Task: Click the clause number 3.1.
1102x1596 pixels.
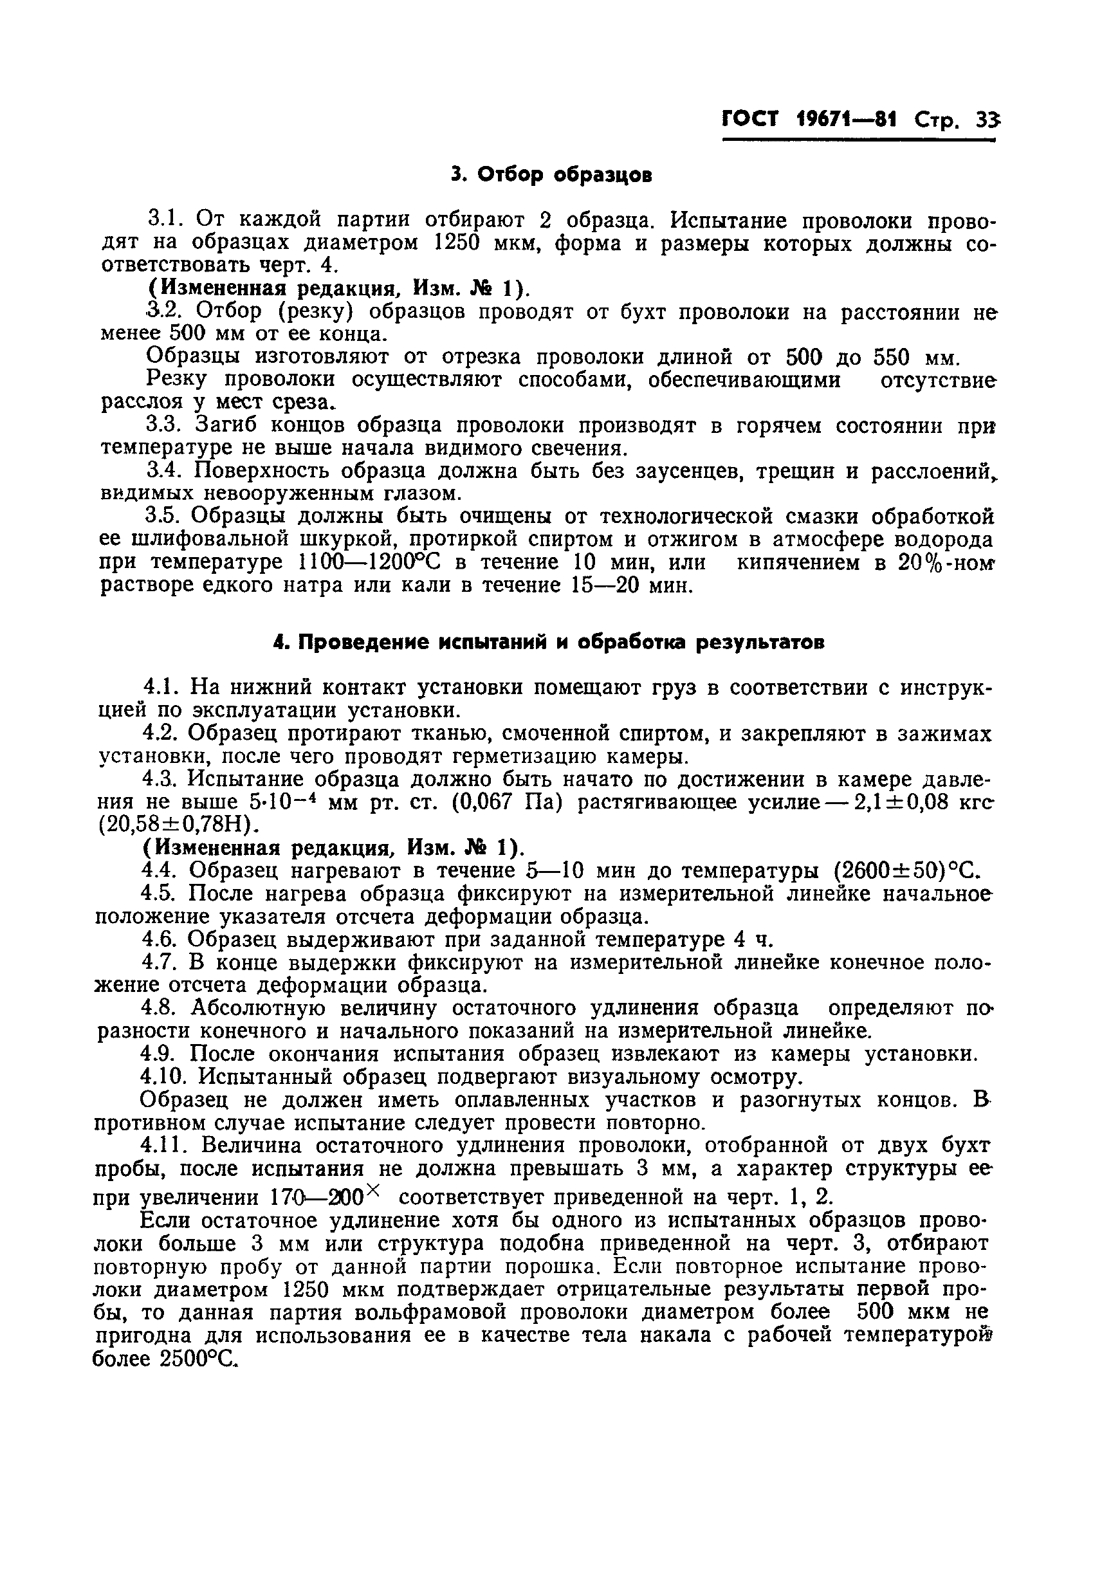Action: click(x=165, y=220)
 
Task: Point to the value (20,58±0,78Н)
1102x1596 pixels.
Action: click(x=178, y=825)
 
